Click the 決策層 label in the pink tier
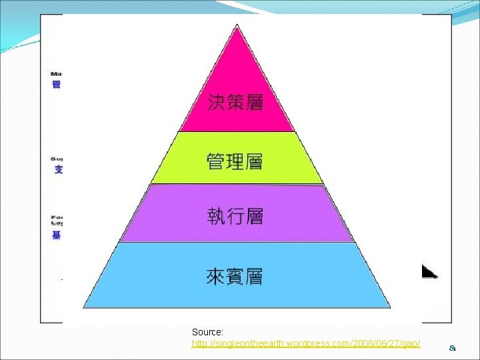coord(235,102)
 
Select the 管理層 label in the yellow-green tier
coord(235,161)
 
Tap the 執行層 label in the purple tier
coord(235,216)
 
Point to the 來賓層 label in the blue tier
coord(234,276)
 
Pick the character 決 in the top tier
coord(216,102)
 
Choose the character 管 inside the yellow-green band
coord(216,161)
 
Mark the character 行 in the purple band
coord(235,216)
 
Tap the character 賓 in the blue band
coord(234,276)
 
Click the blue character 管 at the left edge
coord(57,85)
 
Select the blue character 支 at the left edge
coord(58,170)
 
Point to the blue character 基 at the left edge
coord(57,235)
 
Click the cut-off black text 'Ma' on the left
coord(57,73)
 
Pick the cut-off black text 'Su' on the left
coord(57,159)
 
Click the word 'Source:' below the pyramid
coord(207,332)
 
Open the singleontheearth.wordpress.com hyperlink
coord(306,343)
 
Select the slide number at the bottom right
coord(453,347)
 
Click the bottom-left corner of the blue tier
coord(84,307)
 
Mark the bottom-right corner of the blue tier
coord(389,307)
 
